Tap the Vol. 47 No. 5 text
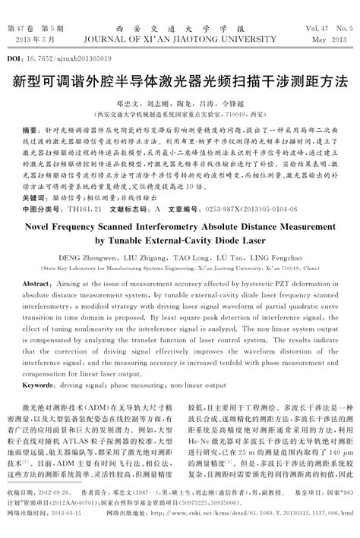330,28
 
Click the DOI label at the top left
14,58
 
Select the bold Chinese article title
180,79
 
